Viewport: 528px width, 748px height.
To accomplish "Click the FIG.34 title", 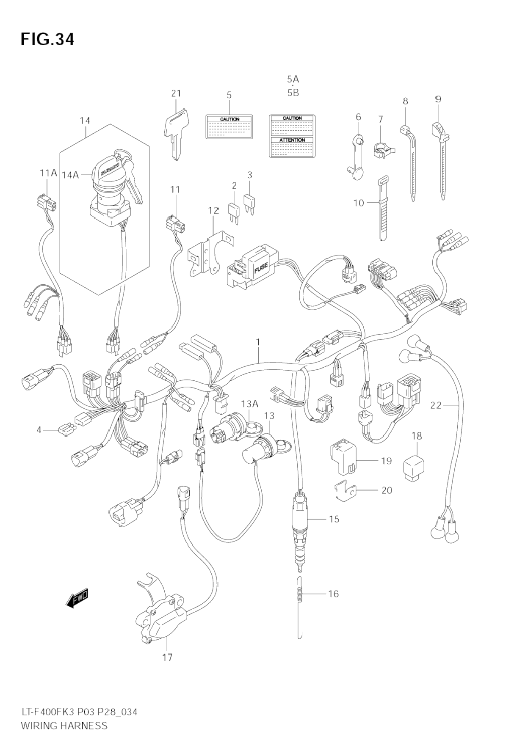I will [x=47, y=39].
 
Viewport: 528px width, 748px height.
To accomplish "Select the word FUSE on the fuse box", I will [x=261, y=268].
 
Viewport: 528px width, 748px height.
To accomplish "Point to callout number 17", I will [x=168, y=657].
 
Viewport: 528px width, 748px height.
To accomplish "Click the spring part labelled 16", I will [x=300, y=594].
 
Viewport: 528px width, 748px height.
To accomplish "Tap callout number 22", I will [x=436, y=405].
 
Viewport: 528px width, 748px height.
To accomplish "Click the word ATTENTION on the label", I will [x=292, y=140].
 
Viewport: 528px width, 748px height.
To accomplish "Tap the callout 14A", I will [x=70, y=174].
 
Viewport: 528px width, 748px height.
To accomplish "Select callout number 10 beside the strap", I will [x=359, y=203].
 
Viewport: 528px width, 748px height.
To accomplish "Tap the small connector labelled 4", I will [x=66, y=430].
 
